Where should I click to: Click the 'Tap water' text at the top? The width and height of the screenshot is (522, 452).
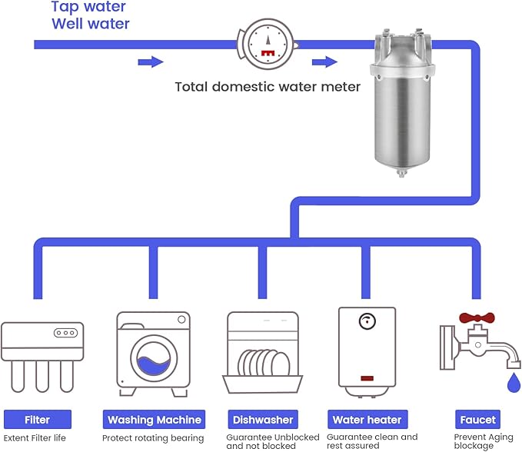[88, 7]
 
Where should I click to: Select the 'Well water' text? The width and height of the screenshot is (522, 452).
[90, 24]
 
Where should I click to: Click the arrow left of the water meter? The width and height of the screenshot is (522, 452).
[151, 61]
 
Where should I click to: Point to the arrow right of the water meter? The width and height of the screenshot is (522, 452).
[324, 61]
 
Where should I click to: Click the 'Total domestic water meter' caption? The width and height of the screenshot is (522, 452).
[268, 87]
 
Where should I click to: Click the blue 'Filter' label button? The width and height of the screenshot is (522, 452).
[37, 420]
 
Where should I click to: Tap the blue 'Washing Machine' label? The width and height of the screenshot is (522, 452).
[154, 420]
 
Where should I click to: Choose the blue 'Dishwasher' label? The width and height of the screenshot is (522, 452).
[262, 420]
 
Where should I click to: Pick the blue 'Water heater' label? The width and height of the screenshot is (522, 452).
[367, 420]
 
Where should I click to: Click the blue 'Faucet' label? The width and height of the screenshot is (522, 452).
[477, 420]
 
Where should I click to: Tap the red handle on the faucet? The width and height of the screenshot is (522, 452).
[476, 317]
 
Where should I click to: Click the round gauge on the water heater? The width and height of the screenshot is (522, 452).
[367, 321]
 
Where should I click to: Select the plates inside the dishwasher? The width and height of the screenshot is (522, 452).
[262, 361]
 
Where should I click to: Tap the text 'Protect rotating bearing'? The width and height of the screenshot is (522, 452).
[153, 438]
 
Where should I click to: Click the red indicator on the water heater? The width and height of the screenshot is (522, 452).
[367, 379]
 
